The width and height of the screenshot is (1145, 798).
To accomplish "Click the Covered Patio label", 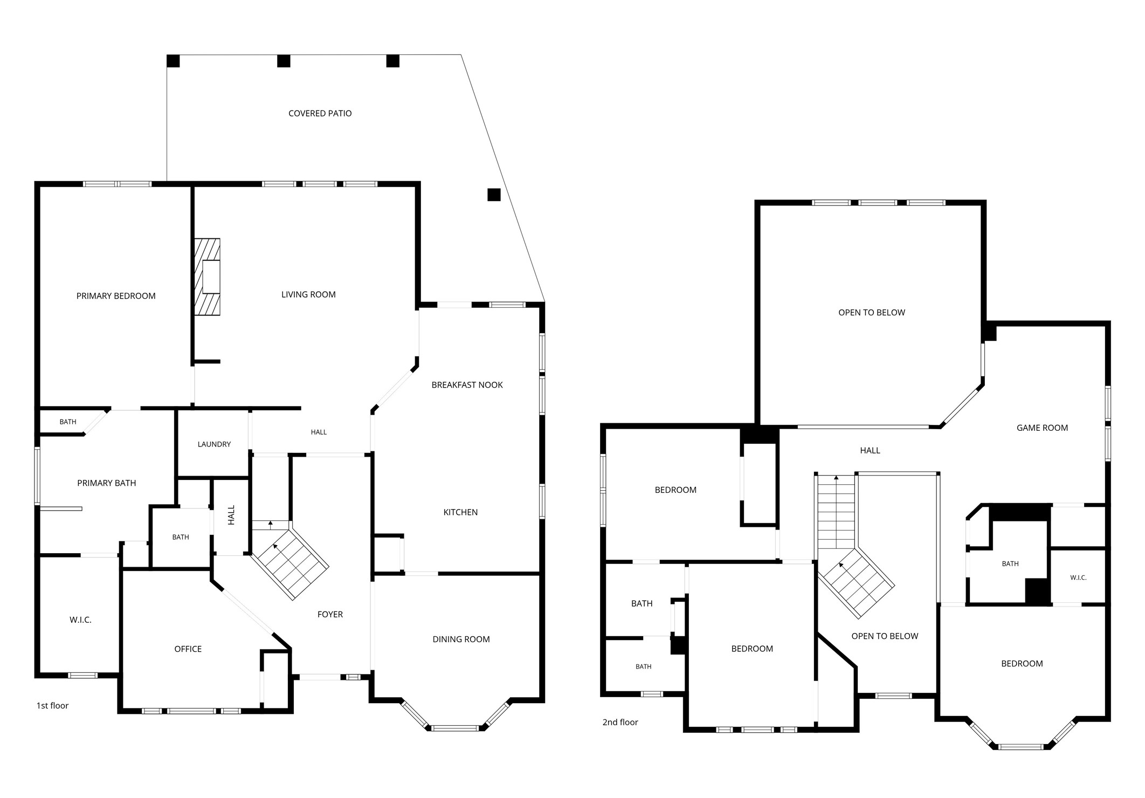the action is tap(320, 113).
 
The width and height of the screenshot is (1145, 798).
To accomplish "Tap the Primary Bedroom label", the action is tap(116, 296).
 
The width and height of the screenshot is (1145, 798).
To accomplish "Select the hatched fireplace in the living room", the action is tap(207, 277).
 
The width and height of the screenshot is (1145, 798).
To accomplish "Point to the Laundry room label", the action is tap(214, 444).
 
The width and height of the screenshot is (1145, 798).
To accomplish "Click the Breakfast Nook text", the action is tap(467, 385).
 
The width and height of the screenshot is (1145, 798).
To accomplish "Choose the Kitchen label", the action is tap(460, 512).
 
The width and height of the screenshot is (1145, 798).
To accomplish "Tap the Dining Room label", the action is tap(461, 639).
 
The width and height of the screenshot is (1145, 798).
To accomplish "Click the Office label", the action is tap(188, 649).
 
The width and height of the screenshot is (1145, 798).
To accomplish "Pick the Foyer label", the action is tap(330, 614).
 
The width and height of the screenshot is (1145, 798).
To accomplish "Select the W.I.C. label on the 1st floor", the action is tap(80, 620).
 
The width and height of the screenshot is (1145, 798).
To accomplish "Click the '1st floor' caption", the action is tap(52, 706).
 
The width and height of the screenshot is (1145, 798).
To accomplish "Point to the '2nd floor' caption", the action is tap(620, 723).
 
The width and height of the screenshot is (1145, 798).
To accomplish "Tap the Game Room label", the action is tap(1042, 428).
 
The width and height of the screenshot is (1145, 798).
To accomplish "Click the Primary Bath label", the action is tap(106, 483).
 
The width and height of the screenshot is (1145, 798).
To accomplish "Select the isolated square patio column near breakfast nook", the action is tap(494, 195).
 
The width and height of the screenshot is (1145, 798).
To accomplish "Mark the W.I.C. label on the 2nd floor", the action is tap(1078, 577).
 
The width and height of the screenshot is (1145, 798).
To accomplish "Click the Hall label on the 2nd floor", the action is tap(870, 451).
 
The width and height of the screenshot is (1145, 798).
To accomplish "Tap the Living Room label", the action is tap(308, 294).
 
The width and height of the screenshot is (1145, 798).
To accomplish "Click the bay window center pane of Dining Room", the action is tap(456, 728).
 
